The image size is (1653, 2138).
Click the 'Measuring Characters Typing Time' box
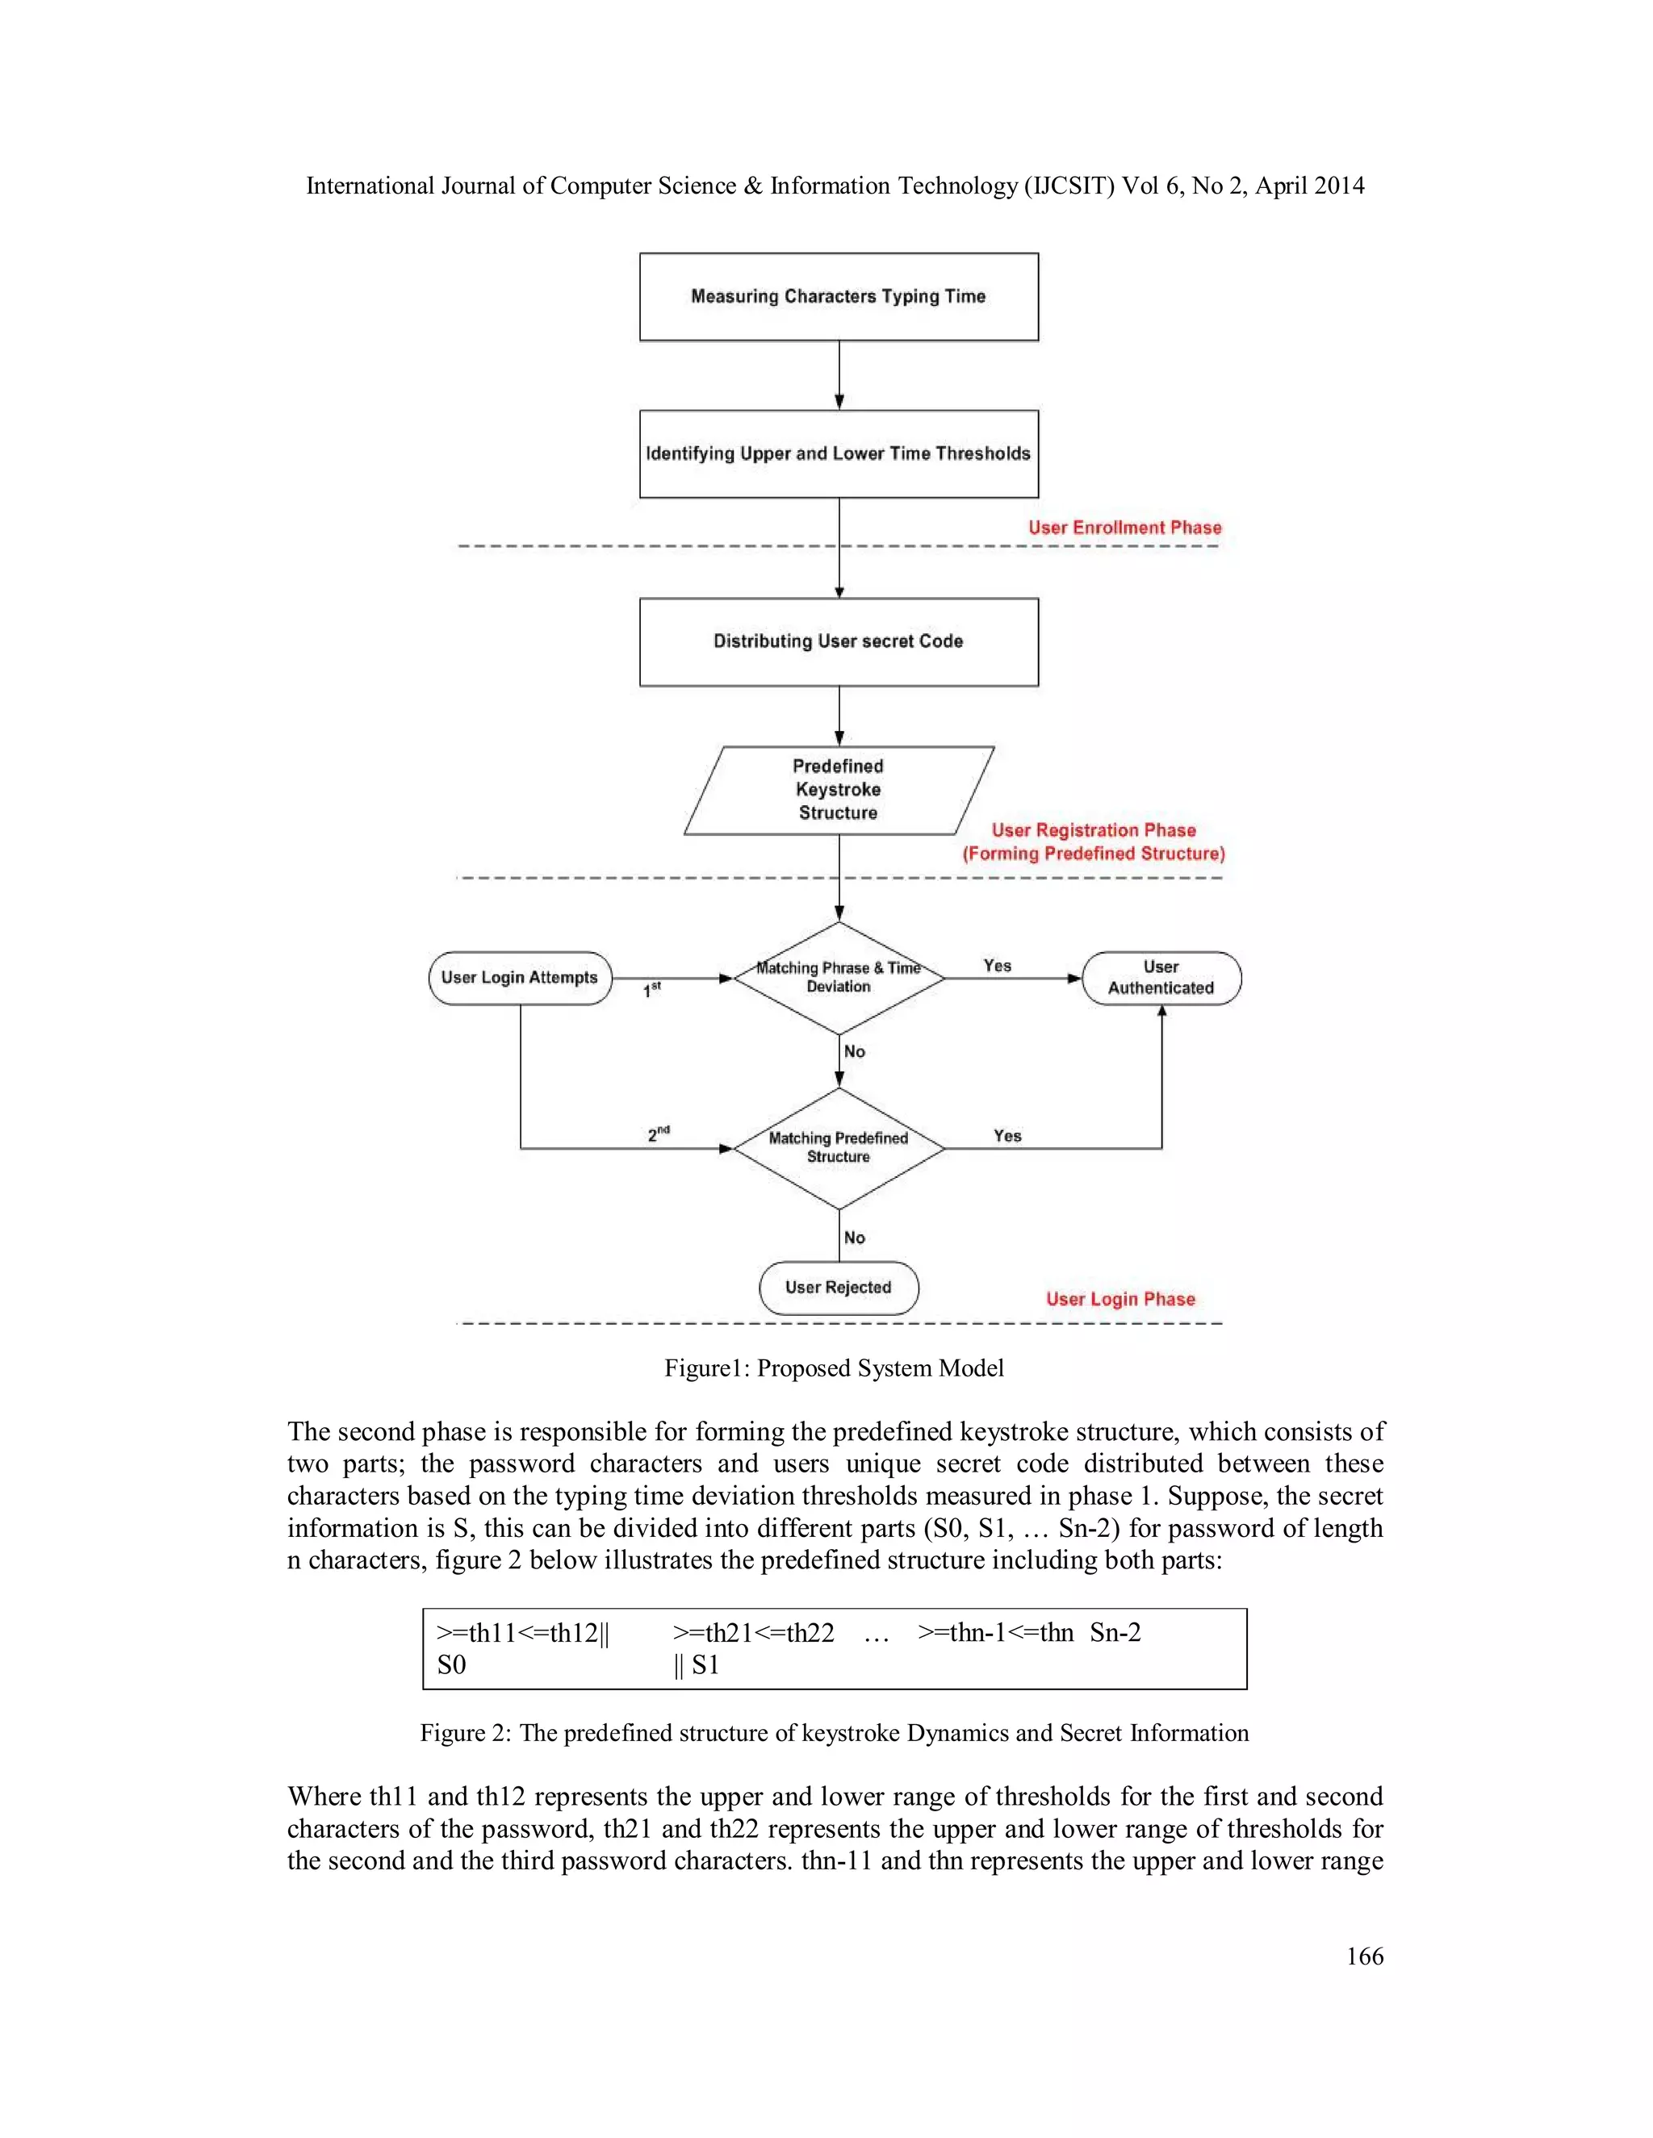839,297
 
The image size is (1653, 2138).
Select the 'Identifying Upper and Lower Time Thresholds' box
839,453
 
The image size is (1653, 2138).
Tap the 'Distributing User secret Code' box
839,641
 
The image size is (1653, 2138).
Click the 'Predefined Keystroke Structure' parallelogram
839,789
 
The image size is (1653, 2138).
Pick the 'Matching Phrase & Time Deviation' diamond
839,977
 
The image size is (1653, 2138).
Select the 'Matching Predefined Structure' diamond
839,1147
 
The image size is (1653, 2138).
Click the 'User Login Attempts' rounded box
519,977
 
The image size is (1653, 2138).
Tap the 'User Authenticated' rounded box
1161,977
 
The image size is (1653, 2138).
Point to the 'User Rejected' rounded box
839,1288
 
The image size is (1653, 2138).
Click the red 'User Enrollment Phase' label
1124,528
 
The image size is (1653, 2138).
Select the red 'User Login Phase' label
1120,1299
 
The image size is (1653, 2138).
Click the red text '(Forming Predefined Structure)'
1093,854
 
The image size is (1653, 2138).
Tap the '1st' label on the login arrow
651,991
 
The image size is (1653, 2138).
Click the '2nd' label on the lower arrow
658,1134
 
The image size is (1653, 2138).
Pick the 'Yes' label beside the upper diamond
997,965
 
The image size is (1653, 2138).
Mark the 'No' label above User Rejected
854,1238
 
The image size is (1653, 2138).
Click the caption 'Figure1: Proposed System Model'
833,1368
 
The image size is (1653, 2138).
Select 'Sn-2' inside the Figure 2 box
1115,1632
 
